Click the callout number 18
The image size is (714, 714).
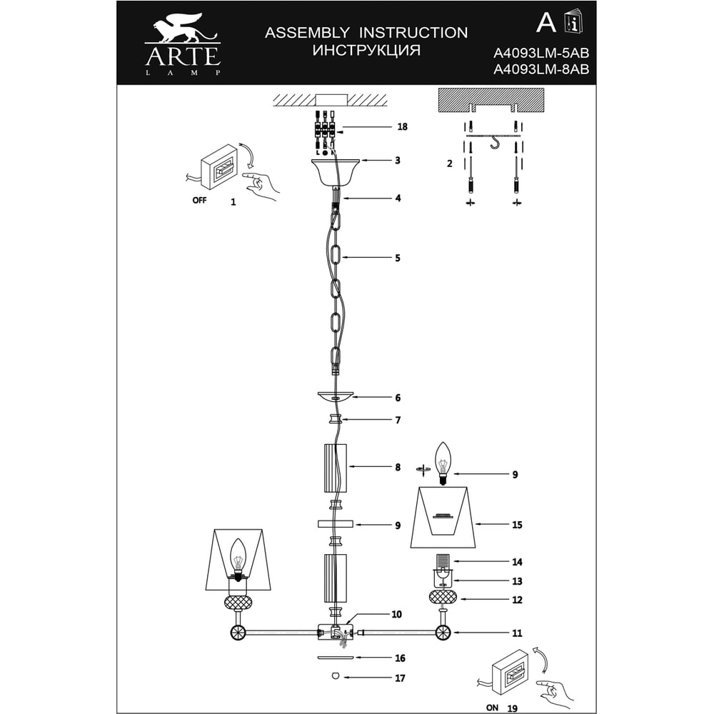pyautogui.click(x=402, y=126)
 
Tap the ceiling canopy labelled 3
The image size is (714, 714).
pyautogui.click(x=336, y=173)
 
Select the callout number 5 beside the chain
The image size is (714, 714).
pyautogui.click(x=398, y=258)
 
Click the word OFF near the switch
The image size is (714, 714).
pyautogui.click(x=199, y=200)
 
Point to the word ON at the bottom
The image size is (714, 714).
pyautogui.click(x=492, y=708)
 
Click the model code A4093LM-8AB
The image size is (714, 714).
pyautogui.click(x=541, y=69)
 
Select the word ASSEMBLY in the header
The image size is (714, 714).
pyautogui.click(x=307, y=33)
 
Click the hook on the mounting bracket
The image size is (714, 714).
pyautogui.click(x=494, y=144)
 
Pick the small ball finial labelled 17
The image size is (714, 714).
pyautogui.click(x=336, y=676)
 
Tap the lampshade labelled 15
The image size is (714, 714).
pyautogui.click(x=443, y=517)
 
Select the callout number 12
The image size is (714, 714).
pyautogui.click(x=517, y=600)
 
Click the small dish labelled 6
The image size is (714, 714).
pyautogui.click(x=336, y=397)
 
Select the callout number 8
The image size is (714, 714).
pyautogui.click(x=398, y=467)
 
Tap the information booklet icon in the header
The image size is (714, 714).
pyautogui.click(x=574, y=22)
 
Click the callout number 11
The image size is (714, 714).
pyautogui.click(x=517, y=633)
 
